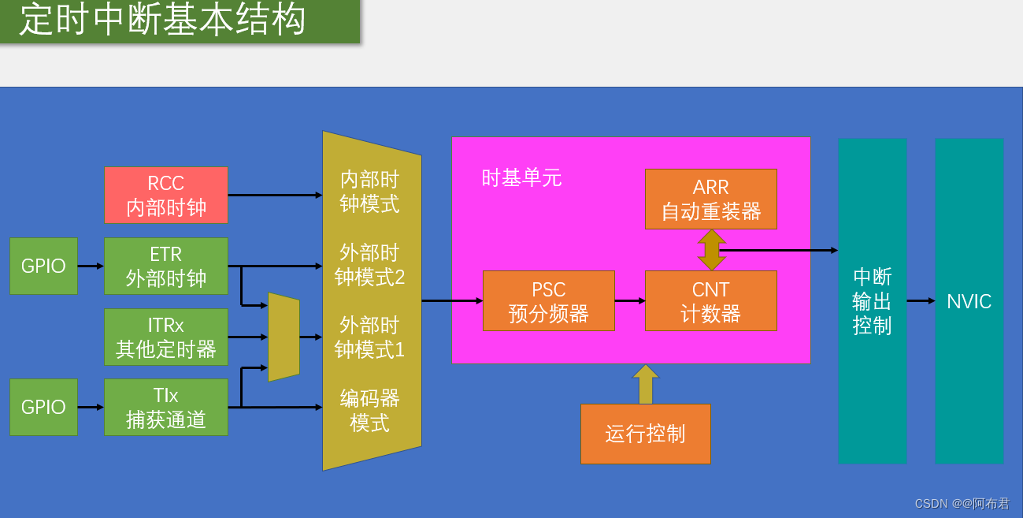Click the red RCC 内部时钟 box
(x=166, y=195)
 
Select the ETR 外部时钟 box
(x=166, y=266)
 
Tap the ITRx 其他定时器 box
(x=166, y=337)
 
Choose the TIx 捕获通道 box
(x=166, y=407)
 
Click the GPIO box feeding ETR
(x=43, y=266)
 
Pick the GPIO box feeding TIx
(x=43, y=407)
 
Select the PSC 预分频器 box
(x=548, y=300)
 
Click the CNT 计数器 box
(x=710, y=300)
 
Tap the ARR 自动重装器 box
(x=710, y=199)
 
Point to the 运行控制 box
(x=645, y=434)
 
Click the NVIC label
(x=969, y=301)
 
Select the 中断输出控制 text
(x=872, y=301)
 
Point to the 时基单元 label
(x=521, y=178)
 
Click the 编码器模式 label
(x=369, y=410)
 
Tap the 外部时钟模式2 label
(x=369, y=265)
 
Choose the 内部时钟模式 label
(x=369, y=192)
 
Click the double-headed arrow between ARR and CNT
(x=711, y=250)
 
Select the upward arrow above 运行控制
(x=646, y=385)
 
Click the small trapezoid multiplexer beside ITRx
(x=284, y=337)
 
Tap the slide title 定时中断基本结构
(x=163, y=20)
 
